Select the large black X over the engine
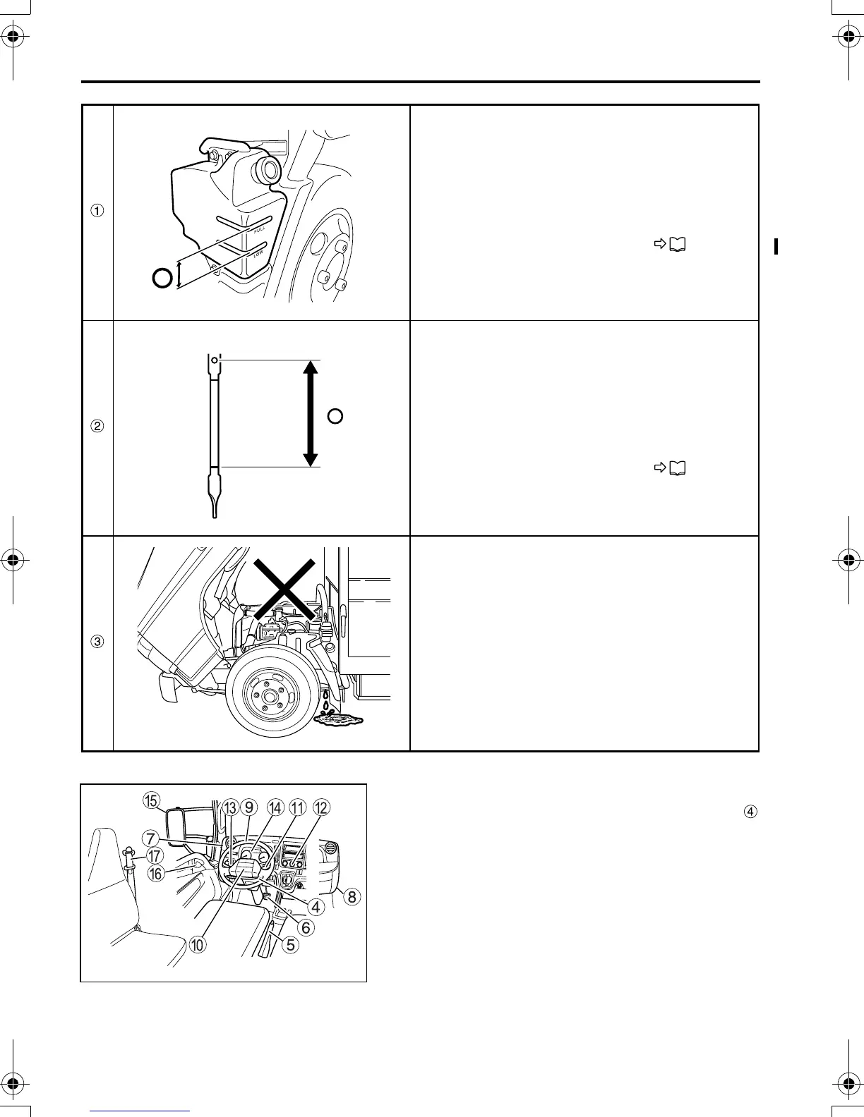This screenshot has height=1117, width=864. (284, 588)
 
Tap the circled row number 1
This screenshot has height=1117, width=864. (98, 210)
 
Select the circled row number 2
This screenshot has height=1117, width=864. (98, 426)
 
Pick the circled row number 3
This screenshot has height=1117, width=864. (98, 642)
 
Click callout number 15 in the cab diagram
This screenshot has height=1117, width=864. (150, 800)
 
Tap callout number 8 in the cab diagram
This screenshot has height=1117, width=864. (351, 897)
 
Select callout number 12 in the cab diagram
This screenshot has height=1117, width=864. (321, 808)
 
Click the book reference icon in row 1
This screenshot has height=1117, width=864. (676, 245)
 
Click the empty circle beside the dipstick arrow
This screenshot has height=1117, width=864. (335, 416)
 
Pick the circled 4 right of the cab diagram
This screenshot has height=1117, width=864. (751, 812)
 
